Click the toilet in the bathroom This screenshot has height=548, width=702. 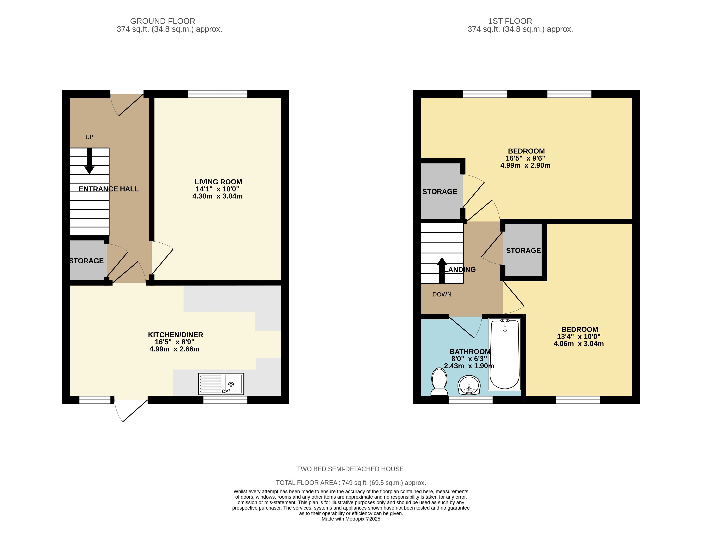[439, 382]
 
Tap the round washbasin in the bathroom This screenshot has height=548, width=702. [469, 385]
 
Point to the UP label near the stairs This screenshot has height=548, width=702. [89, 137]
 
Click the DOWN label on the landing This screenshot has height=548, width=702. [442, 294]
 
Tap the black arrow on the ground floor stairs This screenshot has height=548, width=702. [89, 161]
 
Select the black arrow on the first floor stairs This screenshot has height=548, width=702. [442, 270]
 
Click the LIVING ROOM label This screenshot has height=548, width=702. [218, 182]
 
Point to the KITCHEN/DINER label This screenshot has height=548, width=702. [176, 335]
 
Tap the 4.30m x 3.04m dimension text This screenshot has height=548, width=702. [218, 196]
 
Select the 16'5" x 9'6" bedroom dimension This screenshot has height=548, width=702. [525, 158]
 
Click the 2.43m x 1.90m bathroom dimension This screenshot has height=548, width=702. [469, 366]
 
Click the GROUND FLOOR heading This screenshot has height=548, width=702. [163, 21]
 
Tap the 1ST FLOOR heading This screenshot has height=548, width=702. [510, 21]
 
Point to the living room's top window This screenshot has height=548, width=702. [218, 94]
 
